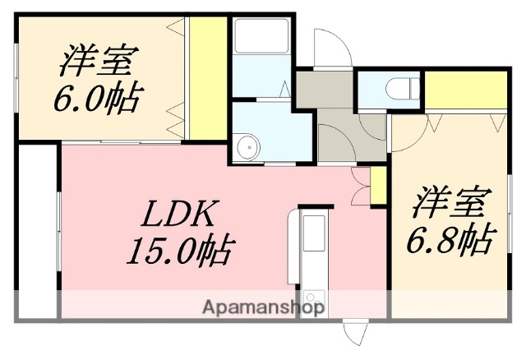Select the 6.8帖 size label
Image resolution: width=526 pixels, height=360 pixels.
coord(451,239)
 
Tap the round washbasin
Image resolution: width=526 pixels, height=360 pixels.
coord(246,146)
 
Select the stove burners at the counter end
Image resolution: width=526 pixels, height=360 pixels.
coord(313,299)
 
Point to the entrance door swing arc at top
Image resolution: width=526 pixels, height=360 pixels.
coord(333,49)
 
